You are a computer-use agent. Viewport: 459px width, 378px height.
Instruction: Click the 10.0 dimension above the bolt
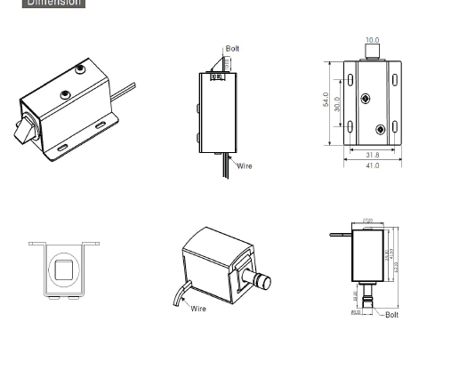point(372,41)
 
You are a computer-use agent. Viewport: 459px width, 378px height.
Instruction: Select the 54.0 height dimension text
point(326,100)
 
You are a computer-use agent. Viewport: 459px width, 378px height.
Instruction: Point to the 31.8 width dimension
point(372,156)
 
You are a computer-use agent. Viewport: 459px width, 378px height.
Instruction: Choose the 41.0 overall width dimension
point(372,166)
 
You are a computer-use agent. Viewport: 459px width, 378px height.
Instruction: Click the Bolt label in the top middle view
point(232,49)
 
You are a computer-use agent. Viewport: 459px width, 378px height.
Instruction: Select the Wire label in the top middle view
point(244,166)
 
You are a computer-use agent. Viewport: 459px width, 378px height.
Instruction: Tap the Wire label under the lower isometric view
point(197,309)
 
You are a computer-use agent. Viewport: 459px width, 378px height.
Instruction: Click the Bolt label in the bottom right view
point(391,315)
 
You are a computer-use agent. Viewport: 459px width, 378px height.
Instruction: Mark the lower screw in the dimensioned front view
point(381,130)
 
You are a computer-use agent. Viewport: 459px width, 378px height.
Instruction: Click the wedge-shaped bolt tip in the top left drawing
point(21,132)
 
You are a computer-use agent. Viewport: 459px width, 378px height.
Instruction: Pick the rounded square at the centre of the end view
point(64,269)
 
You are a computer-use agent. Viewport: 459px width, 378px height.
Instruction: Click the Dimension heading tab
point(53,3)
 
